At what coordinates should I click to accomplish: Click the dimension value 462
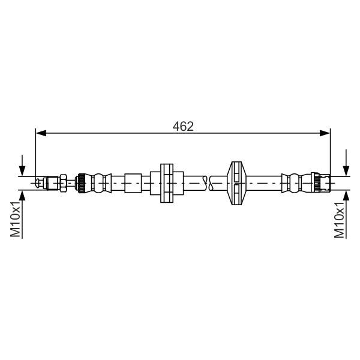(183, 126)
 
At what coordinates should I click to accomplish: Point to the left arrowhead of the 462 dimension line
(41, 133)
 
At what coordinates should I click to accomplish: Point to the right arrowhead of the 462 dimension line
(325, 133)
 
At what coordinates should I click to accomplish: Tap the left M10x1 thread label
(16, 219)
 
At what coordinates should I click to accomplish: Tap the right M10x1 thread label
(340, 220)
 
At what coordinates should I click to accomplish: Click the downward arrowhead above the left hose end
(22, 171)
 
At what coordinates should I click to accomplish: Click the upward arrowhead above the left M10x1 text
(22, 196)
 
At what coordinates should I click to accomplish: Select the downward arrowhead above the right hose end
(346, 171)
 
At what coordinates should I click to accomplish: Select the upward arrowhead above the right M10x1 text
(346, 196)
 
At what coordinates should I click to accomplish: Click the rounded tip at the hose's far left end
(38, 183)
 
